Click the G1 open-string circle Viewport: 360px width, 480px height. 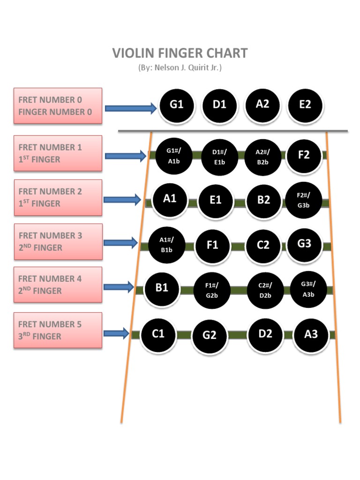point(177,105)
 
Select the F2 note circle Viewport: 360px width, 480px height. point(304,155)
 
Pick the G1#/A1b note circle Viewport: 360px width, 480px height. point(173,156)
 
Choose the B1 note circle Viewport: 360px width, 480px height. point(162,288)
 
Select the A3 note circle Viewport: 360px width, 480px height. point(311,334)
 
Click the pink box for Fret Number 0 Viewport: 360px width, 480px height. point(58,106)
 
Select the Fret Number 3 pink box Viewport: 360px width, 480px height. point(58,241)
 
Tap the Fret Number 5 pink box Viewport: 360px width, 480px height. point(58,330)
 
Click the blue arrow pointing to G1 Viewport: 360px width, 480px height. point(131,109)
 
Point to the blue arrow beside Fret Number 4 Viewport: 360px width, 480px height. point(119,286)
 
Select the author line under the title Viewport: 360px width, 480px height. point(180,67)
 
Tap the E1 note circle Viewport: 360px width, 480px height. point(215,201)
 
